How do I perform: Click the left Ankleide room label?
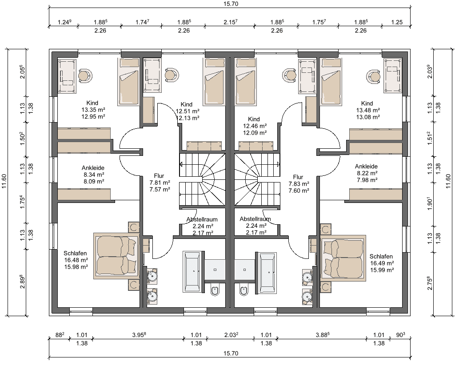(x=93, y=168)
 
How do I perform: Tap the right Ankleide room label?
(x=366, y=167)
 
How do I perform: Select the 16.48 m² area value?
(x=76, y=260)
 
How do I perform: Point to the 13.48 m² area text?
(x=368, y=110)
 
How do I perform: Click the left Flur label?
(x=159, y=176)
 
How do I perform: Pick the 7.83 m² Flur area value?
(x=299, y=184)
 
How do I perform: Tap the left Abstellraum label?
(x=202, y=219)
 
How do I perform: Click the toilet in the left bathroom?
(x=215, y=290)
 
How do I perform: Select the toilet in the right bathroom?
(x=244, y=290)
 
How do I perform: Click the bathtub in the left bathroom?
(x=192, y=272)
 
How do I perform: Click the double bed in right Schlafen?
(x=343, y=258)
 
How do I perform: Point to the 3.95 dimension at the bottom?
(x=139, y=335)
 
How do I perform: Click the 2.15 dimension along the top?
(x=231, y=22)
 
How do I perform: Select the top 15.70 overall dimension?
(x=231, y=4)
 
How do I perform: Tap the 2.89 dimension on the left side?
(x=23, y=282)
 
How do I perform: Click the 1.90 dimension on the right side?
(x=430, y=204)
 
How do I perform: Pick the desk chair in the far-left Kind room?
(x=84, y=75)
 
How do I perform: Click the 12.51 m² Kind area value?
(x=188, y=111)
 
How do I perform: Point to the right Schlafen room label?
(x=381, y=256)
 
